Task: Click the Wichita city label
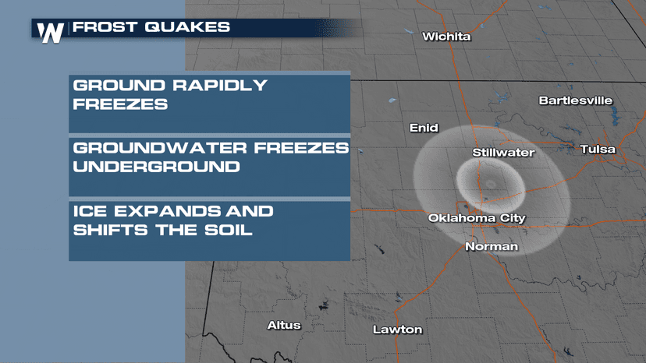click(446, 37)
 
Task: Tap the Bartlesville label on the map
click(576, 100)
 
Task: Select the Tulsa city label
click(598, 149)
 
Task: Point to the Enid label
click(424, 128)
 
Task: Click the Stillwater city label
click(503, 153)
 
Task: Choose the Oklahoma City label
click(477, 218)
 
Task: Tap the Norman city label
click(491, 246)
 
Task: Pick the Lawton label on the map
click(397, 330)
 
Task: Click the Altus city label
click(283, 325)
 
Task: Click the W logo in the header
click(51, 32)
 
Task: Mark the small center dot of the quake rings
click(491, 185)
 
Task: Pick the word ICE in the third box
click(88, 211)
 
